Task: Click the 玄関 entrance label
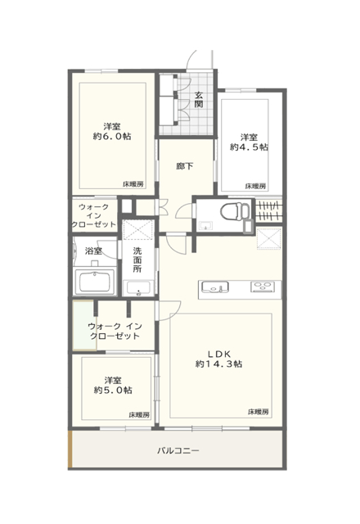[x=199, y=99]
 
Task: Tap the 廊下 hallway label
[x=185, y=166]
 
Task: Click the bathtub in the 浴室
[x=95, y=282]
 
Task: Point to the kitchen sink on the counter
[x=214, y=287]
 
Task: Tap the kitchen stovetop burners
[x=263, y=287]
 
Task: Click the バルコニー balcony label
[x=178, y=450]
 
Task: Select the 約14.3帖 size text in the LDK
[x=218, y=364]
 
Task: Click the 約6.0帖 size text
[x=112, y=137]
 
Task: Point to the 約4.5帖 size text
[x=249, y=147]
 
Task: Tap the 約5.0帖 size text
[x=113, y=390]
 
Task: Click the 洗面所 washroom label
[x=137, y=260]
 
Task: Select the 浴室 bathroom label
[x=93, y=251]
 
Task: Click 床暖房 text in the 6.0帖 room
[x=133, y=184]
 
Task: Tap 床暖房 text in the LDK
[x=259, y=412]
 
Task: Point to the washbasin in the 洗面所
[x=138, y=288]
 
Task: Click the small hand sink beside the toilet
[x=205, y=226]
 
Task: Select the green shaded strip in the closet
[x=84, y=326]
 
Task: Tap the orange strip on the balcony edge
[x=70, y=449]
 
